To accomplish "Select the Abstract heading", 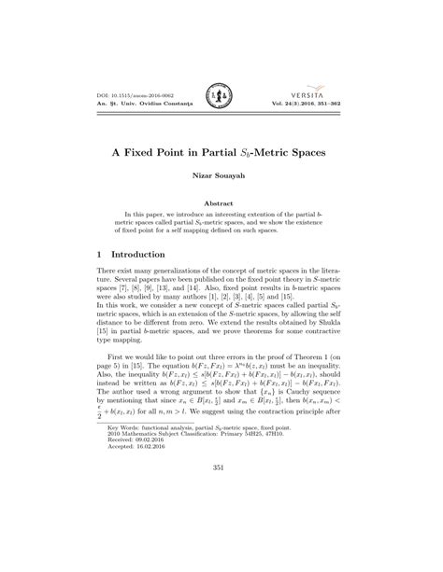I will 221,202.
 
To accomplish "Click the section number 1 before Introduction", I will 100,254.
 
